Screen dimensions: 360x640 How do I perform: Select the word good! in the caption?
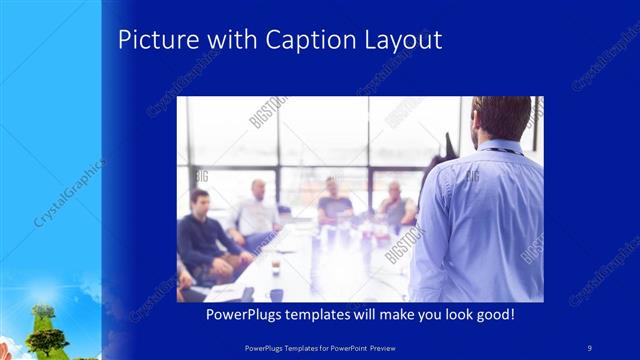click(495, 314)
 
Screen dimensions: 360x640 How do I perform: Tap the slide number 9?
click(589, 346)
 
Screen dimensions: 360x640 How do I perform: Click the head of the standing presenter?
click(502, 118)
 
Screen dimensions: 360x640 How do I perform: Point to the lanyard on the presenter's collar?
click(505, 149)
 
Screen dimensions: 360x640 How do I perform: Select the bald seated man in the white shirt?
click(257, 211)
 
